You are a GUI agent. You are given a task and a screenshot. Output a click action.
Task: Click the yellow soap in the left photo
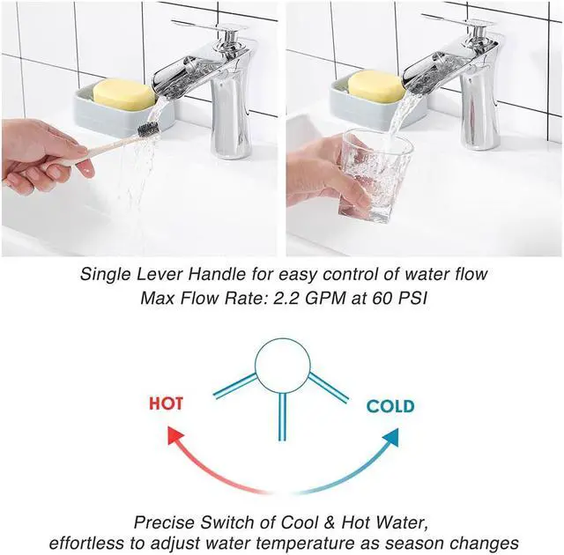(124, 94)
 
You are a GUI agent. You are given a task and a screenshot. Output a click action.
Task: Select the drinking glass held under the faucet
(377, 172)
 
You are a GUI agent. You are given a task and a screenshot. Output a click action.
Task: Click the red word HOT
(166, 403)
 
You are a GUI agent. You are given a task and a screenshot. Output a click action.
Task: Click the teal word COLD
(390, 406)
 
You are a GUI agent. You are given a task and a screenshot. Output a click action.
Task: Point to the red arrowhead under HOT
(173, 433)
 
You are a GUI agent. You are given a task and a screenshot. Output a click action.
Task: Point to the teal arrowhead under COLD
(390, 435)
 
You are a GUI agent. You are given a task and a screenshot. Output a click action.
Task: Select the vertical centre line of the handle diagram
(282, 415)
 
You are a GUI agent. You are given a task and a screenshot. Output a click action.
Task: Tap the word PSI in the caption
(408, 298)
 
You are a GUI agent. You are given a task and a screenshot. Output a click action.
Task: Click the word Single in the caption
(105, 274)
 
